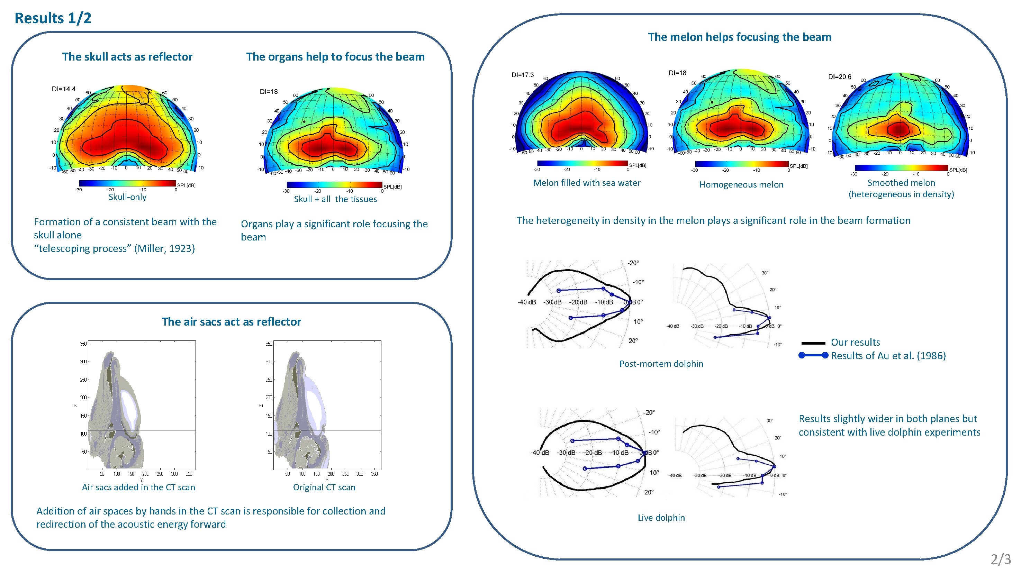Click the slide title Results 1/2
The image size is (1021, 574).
(x=53, y=18)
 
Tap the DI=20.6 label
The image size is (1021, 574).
(x=840, y=77)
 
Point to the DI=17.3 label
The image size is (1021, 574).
(x=522, y=75)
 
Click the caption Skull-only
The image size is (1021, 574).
(x=127, y=197)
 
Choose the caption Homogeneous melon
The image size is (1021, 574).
(x=741, y=185)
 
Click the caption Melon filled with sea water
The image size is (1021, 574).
(x=587, y=183)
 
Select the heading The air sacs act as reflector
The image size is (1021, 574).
(x=231, y=322)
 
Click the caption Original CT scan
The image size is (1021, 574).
(x=324, y=487)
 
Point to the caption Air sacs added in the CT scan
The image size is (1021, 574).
(x=138, y=487)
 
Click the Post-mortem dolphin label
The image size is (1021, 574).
(x=661, y=364)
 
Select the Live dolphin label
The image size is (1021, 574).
(x=661, y=518)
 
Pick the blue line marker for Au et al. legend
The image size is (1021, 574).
(x=813, y=355)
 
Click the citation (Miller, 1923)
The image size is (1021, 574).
(x=164, y=248)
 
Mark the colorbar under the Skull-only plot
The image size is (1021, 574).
(x=127, y=183)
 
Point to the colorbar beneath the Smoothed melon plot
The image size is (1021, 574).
(x=901, y=168)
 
